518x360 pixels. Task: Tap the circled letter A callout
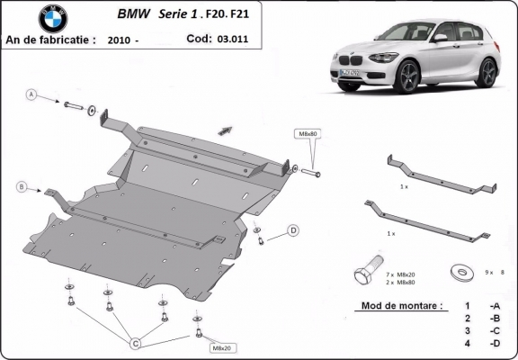pyautogui.click(x=31, y=94)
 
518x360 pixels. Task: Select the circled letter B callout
pyautogui.click(x=21, y=186)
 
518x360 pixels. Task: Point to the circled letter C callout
pyautogui.click(x=136, y=342)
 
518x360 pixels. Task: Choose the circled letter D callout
pyautogui.click(x=293, y=231)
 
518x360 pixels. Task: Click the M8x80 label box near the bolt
pyautogui.click(x=308, y=134)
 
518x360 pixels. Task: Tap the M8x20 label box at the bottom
pyautogui.click(x=219, y=347)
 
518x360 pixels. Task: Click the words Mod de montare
pyautogui.click(x=401, y=306)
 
